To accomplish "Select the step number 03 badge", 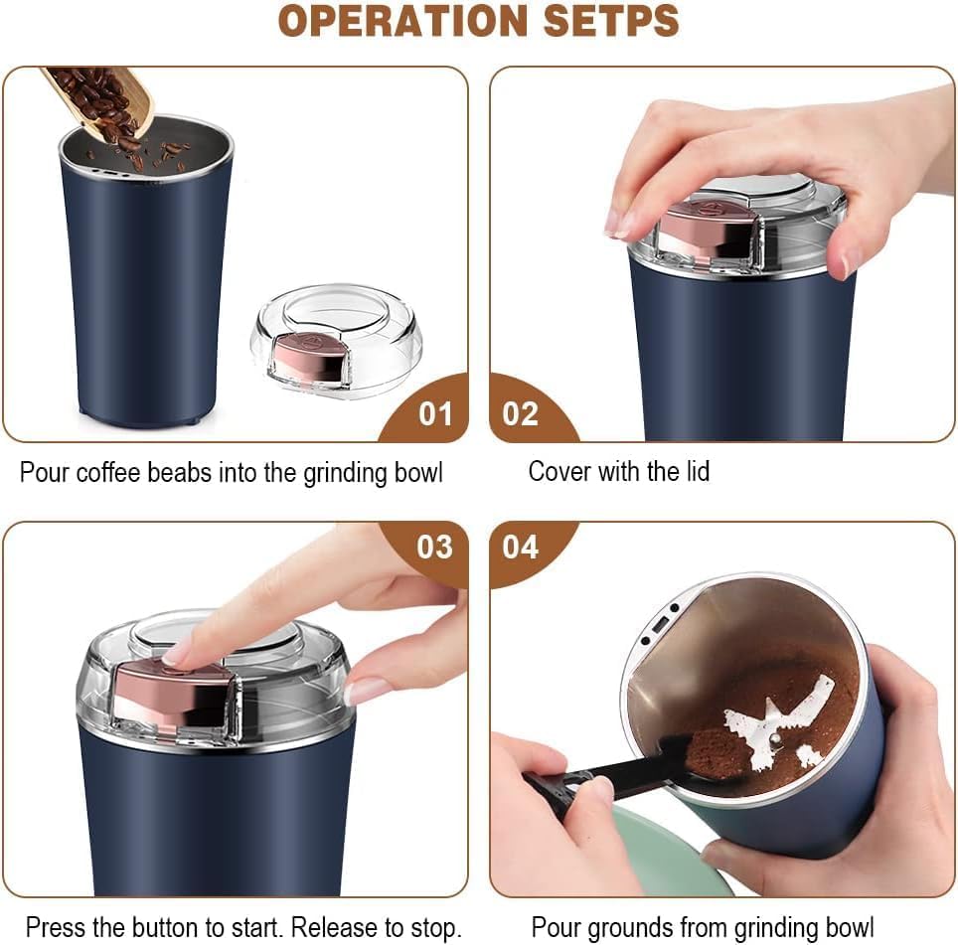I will (x=434, y=547).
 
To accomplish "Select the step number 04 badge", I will (x=520, y=547).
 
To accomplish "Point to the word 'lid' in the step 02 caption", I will (x=694, y=471).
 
